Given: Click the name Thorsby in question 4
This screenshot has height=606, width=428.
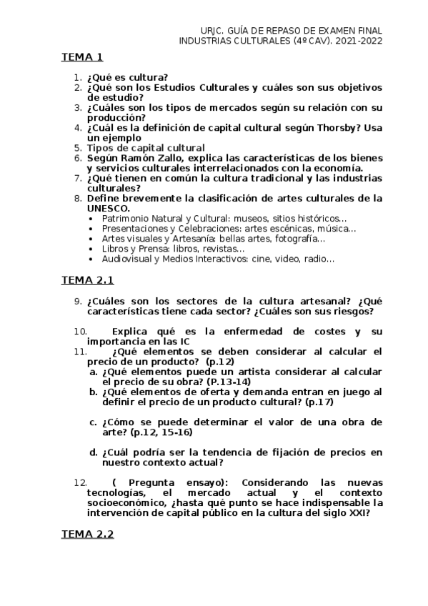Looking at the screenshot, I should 334,128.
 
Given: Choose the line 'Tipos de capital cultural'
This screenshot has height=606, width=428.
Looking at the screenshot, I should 140,148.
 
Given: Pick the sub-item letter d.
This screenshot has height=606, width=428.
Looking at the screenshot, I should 93,452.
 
